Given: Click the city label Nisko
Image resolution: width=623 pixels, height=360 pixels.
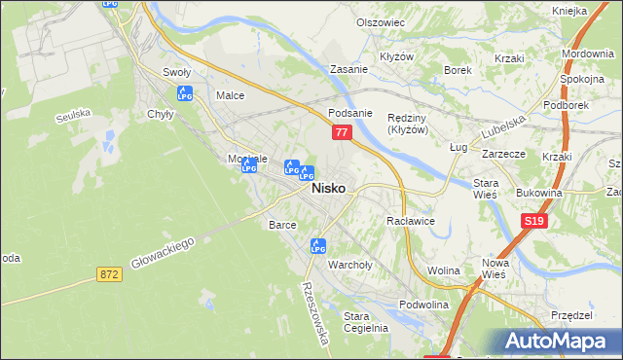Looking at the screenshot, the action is (327, 190).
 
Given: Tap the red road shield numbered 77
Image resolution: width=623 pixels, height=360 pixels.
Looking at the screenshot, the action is (341, 131).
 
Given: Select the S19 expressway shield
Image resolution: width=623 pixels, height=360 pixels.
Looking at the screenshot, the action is (532, 222).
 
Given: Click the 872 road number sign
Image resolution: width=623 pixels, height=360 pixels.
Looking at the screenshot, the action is (109, 275).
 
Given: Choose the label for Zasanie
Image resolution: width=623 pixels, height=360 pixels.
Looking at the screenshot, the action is (348, 70).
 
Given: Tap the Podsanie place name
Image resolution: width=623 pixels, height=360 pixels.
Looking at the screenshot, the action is (350, 113).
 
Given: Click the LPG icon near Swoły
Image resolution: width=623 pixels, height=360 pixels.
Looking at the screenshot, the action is (185, 93).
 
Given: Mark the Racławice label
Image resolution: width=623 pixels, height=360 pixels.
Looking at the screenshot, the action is (410, 222).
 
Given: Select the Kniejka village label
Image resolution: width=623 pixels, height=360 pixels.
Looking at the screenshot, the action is (568, 10).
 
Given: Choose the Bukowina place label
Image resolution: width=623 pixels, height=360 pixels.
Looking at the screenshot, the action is (540, 193).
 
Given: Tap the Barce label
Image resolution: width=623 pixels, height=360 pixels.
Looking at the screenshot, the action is (282, 224).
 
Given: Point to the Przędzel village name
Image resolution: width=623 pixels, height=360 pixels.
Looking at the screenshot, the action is (571, 315).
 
